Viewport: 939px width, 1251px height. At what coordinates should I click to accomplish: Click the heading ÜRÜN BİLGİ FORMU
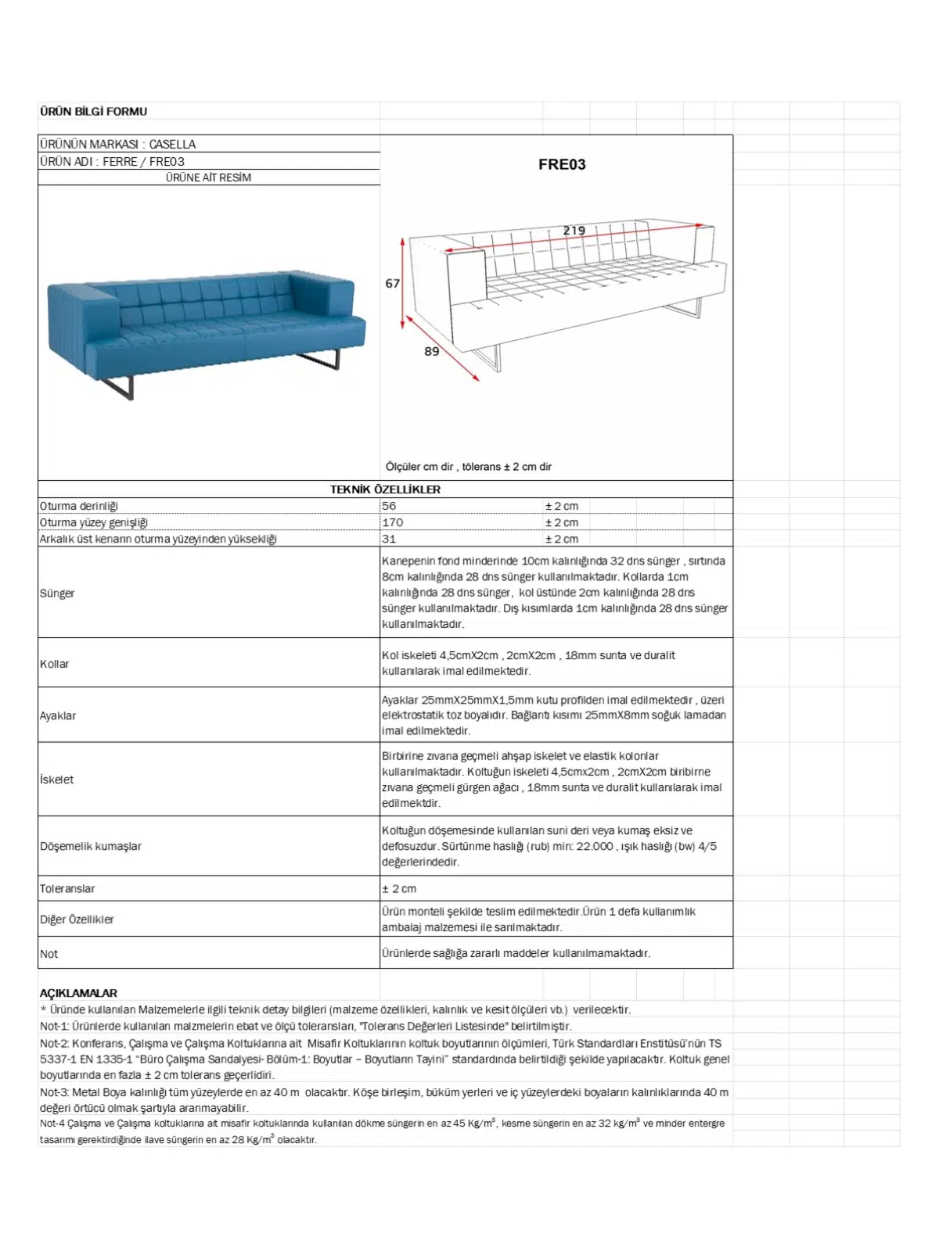(x=93, y=112)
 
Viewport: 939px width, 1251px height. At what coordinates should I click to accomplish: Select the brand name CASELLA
(x=172, y=145)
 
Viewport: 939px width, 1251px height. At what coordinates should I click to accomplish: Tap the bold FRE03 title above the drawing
(x=562, y=164)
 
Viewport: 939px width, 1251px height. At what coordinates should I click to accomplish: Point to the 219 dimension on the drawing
(x=574, y=231)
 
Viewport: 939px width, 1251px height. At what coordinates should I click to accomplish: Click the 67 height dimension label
(x=392, y=284)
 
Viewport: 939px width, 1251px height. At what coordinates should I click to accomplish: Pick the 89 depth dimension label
(x=431, y=352)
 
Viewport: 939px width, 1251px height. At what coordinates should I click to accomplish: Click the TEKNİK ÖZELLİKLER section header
(x=385, y=489)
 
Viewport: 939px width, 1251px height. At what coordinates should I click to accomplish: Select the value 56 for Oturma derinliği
(x=389, y=506)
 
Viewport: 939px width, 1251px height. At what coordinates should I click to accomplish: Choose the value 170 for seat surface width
(x=393, y=522)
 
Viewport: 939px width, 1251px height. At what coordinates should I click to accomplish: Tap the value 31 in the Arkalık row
(x=389, y=539)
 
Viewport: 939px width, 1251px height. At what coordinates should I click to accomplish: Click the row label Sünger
(x=57, y=593)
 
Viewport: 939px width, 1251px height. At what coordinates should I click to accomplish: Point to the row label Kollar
(x=55, y=664)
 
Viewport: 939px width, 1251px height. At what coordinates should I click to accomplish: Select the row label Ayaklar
(x=58, y=715)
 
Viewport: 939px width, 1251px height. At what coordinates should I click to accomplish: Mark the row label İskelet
(x=57, y=780)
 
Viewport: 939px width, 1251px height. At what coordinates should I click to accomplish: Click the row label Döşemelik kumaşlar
(x=91, y=846)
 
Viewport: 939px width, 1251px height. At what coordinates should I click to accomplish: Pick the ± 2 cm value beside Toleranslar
(x=399, y=889)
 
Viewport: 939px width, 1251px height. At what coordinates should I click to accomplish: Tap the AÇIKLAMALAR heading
(x=78, y=993)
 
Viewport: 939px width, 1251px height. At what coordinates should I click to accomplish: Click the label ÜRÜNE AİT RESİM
(x=208, y=178)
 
